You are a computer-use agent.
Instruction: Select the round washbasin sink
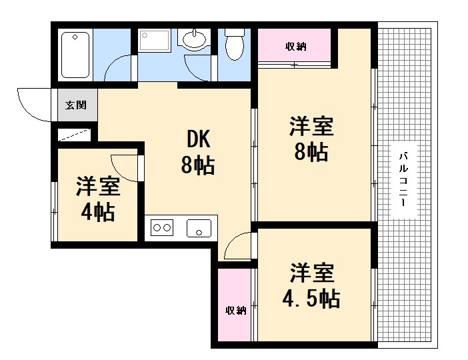point(195,41)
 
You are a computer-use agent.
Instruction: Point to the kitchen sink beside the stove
point(199,228)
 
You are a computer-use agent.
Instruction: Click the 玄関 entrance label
point(74,105)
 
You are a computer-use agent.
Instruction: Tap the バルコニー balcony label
point(404,180)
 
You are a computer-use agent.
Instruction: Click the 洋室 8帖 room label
point(311,139)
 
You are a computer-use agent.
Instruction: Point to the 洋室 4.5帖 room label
point(312,285)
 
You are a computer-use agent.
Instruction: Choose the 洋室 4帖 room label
point(97,199)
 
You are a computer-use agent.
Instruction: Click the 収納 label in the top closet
point(295,46)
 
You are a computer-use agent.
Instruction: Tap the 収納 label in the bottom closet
point(235,310)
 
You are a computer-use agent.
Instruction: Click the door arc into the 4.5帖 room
point(238,247)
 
